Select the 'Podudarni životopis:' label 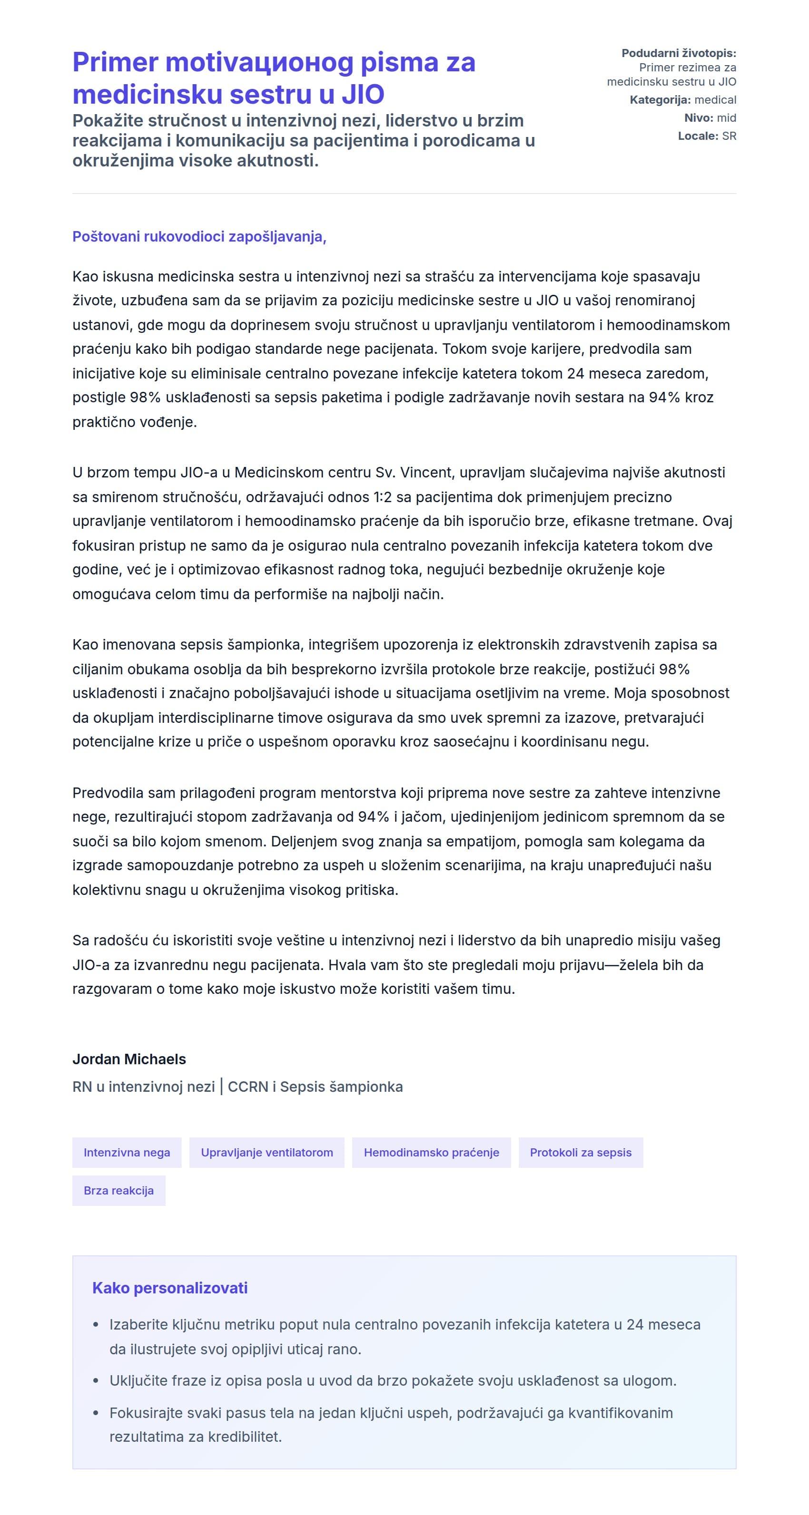679,53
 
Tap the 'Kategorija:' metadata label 660,100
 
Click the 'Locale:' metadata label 698,136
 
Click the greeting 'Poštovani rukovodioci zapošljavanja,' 199,236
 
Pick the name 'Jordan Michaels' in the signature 129,1059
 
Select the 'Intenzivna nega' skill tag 127,1152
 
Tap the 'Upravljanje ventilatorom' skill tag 266,1152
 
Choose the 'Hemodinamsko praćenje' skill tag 431,1152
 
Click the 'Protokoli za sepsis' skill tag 580,1152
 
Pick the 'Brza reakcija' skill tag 118,1190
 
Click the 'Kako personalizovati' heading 169,1288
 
